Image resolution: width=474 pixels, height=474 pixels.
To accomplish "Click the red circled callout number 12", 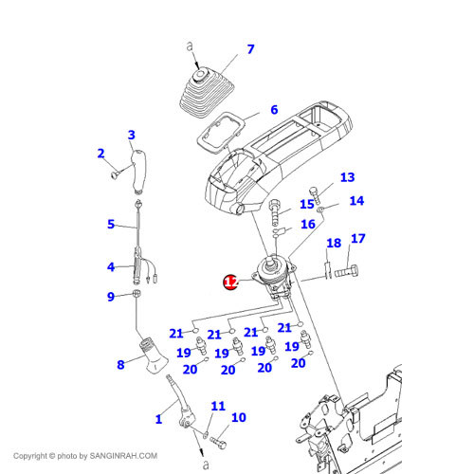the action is point(230,282).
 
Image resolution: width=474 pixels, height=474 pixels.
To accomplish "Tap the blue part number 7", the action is point(250,49).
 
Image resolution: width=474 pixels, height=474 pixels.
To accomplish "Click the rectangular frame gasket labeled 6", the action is point(221,133).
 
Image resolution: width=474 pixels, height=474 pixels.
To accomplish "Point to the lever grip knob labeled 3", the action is point(139,172).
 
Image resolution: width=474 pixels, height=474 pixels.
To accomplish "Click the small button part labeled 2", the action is point(115,174).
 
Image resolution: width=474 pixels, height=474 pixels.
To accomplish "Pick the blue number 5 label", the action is point(111,224).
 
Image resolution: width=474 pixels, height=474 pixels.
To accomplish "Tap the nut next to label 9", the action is point(137,294).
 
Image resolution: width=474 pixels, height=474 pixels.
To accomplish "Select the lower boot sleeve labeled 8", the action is point(154,356).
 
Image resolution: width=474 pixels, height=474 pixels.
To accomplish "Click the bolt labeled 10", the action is point(218,442).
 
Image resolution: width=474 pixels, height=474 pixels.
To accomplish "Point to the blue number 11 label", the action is point(218,406).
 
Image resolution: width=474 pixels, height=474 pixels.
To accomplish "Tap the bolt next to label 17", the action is point(346,271).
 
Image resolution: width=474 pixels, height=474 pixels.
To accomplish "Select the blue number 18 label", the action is point(334,243).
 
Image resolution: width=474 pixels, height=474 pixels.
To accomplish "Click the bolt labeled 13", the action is point(315,195).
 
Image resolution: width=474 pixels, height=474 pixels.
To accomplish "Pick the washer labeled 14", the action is point(320,209).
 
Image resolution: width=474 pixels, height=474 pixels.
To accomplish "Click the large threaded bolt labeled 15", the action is point(275,212).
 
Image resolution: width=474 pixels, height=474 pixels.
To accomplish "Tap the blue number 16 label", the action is point(308,224).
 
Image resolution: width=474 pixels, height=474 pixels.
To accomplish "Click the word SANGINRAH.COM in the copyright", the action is point(123,456).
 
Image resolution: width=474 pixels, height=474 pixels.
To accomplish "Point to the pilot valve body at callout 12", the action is point(274,278).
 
